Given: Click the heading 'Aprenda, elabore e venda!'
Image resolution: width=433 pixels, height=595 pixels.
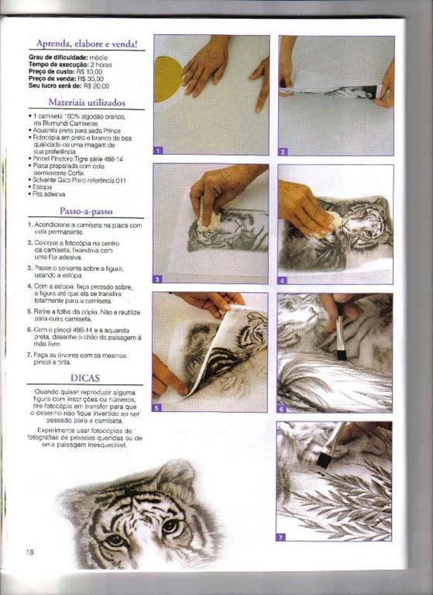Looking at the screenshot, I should [x=87, y=44].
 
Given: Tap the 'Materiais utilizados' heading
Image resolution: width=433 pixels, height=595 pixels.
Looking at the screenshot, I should [x=87, y=102].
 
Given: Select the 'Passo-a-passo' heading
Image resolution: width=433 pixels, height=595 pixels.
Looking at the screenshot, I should [x=87, y=211].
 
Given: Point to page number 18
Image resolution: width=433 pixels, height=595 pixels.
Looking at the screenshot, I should [x=29, y=552].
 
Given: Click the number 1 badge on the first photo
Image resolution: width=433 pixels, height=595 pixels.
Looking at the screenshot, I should [x=158, y=150].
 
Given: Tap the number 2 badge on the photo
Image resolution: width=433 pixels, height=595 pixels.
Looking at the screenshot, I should [x=283, y=151].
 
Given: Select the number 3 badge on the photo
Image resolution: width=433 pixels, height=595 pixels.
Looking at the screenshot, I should [x=158, y=279].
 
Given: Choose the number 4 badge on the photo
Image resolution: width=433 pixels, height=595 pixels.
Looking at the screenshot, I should [x=283, y=280].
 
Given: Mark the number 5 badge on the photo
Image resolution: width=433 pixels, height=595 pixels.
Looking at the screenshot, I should [x=157, y=408].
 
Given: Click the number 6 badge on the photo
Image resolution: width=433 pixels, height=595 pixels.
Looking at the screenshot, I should [x=282, y=408].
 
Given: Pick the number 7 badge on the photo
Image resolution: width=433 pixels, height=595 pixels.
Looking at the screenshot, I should [x=281, y=536].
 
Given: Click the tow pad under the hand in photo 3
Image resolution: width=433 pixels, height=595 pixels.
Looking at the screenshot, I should [x=208, y=219].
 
